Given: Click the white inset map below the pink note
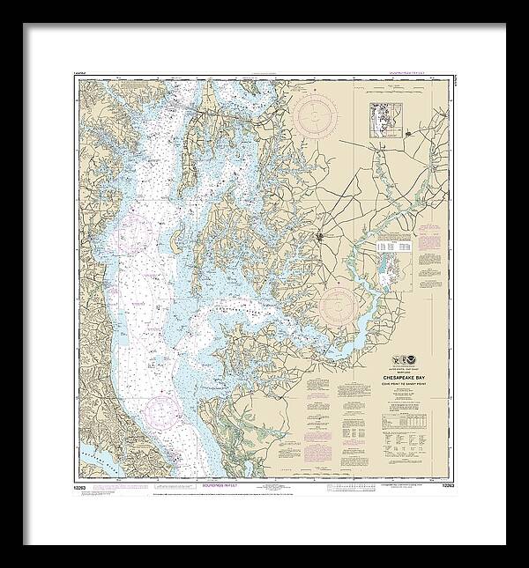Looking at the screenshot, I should pos(392,256).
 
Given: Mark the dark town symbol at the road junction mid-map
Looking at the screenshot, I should pos(333,236).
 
